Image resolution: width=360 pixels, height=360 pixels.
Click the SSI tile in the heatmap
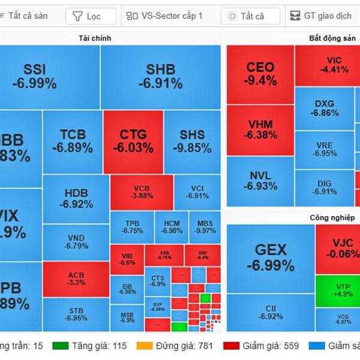49,77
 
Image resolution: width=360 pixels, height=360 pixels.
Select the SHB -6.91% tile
160,77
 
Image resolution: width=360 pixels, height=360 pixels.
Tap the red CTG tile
133,141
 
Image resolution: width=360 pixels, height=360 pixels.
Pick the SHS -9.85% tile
192,141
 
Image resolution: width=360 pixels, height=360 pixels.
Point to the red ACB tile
76,278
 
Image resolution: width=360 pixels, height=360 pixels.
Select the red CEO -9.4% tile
260,74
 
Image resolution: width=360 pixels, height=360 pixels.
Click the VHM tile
260,130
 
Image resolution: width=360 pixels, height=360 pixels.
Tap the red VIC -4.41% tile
334,65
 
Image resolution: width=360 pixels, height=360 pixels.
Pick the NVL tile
260,181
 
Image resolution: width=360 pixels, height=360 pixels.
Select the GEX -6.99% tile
271,258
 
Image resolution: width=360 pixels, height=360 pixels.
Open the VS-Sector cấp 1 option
166,16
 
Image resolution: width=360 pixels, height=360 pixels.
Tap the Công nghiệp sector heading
332,217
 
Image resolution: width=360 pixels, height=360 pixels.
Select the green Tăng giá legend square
59,346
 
